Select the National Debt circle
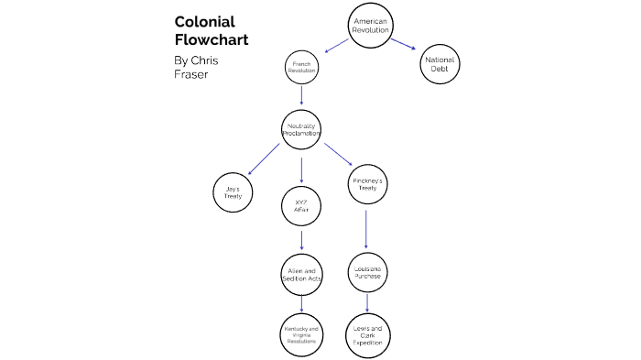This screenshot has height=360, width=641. click(x=440, y=65)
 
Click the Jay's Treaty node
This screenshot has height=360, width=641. click(x=233, y=193)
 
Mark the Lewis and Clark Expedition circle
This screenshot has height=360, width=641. click(x=367, y=334)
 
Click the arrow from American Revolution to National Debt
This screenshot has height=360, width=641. click(x=404, y=44)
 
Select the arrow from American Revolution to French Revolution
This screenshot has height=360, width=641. click(x=334, y=45)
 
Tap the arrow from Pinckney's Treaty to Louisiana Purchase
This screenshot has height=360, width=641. click(x=367, y=229)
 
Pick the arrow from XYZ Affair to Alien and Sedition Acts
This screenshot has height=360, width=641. click(x=301, y=241)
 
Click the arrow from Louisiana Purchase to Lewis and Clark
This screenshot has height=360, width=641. click(x=367, y=302)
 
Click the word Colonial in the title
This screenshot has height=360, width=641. click(x=204, y=22)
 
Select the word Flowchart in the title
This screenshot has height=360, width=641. click(x=212, y=40)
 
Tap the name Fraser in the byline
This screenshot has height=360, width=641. click(x=190, y=74)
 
